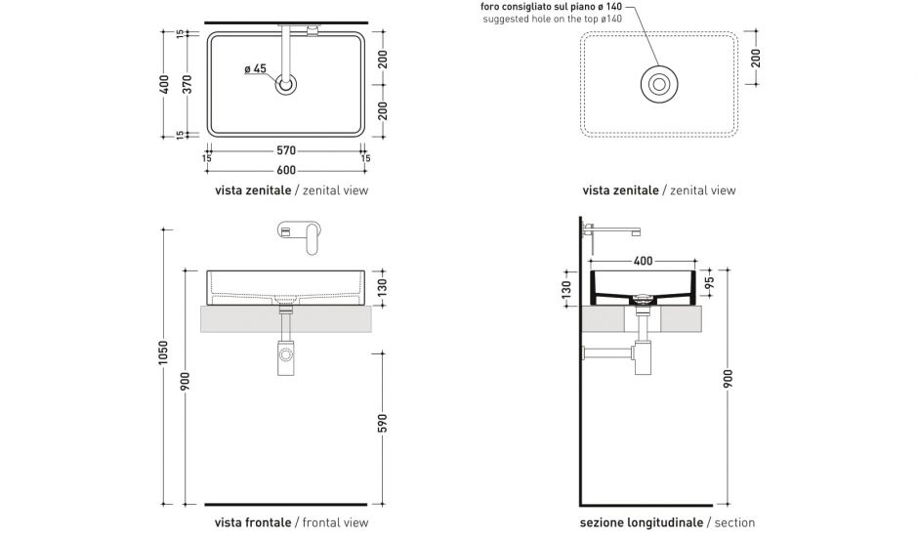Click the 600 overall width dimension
(x=286, y=168)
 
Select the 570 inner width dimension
(x=286, y=151)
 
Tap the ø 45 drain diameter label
(x=255, y=68)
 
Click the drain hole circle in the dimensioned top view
(x=286, y=85)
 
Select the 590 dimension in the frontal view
(x=383, y=422)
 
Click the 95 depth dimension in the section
(x=710, y=282)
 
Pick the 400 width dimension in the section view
(x=644, y=262)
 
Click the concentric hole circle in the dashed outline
(x=660, y=84)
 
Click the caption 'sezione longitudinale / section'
(x=667, y=523)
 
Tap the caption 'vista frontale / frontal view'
(x=291, y=523)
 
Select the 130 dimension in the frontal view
(x=383, y=286)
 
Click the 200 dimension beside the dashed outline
(x=756, y=59)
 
